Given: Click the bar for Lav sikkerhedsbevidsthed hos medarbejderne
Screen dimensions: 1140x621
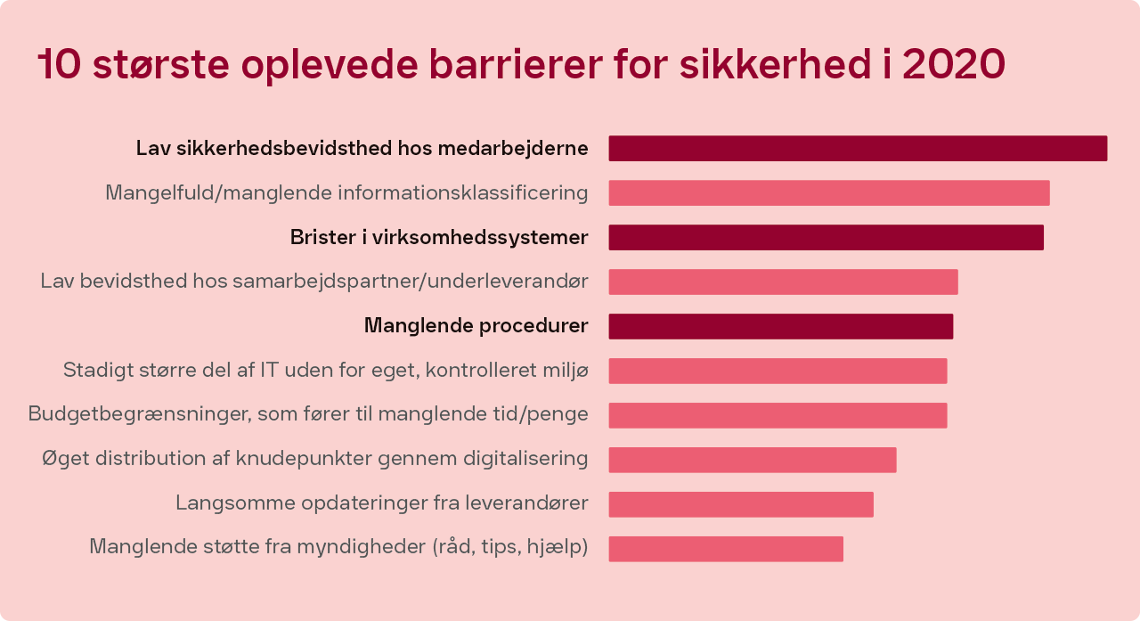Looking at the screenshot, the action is click(858, 149).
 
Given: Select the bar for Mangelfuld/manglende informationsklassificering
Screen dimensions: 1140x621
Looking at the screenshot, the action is click(829, 193).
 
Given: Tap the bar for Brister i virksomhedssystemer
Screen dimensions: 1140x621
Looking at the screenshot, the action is click(826, 237).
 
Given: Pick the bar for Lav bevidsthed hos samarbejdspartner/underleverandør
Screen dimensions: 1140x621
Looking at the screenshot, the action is click(783, 282).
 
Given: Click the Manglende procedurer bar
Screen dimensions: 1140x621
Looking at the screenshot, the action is click(781, 326).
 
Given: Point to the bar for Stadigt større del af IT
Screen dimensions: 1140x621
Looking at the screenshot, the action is click(778, 371).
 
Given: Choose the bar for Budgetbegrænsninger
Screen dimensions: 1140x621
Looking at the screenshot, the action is click(778, 415).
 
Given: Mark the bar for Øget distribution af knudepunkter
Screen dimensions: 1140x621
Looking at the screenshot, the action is click(753, 460).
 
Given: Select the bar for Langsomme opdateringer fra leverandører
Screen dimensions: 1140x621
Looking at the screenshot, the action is click(741, 504).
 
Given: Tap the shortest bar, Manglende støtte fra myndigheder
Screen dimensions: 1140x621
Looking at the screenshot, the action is click(726, 549).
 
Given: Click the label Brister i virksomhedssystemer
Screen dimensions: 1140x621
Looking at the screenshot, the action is click(439, 238).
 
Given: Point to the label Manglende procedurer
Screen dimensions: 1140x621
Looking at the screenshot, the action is click(476, 326).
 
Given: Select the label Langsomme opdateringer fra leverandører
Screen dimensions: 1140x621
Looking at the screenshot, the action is click(382, 503).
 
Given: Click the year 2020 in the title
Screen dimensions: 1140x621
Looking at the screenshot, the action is click(954, 64).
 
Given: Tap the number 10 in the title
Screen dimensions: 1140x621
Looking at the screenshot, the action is click(59, 64).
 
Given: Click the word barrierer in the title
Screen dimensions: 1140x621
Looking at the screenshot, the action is click(516, 64).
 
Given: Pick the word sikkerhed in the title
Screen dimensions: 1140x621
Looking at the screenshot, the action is click(775, 64).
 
